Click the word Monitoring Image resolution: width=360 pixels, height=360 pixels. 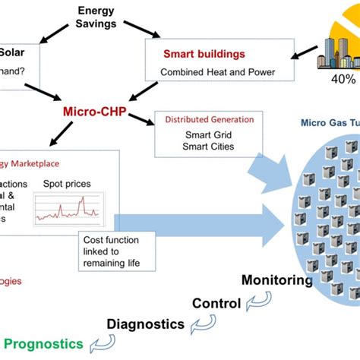[276, 280]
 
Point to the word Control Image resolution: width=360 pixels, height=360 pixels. [216, 303]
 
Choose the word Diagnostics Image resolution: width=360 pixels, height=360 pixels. [144, 324]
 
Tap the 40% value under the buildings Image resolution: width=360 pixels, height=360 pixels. [343, 79]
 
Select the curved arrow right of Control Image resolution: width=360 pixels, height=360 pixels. [257, 305]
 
